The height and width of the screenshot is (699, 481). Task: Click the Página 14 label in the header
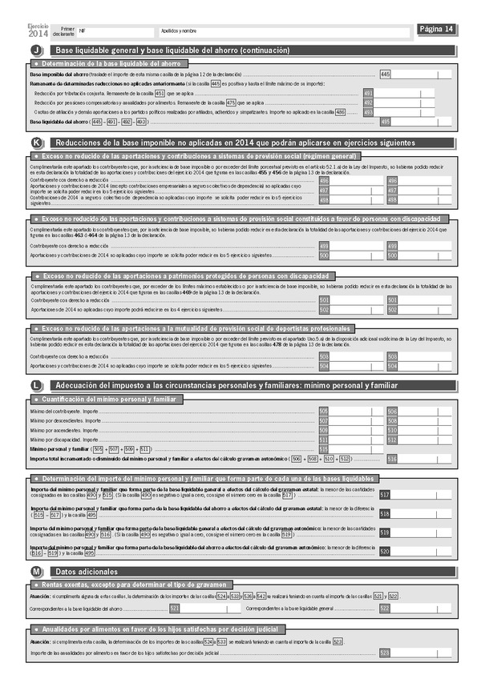coord(437,30)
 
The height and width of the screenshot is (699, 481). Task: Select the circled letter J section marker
coord(36,50)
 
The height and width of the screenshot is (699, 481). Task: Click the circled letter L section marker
coord(36,386)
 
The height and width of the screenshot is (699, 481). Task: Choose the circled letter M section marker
coord(36,572)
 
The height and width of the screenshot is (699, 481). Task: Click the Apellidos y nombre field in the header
coord(285,30)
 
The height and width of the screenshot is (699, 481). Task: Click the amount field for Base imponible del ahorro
coord(422,74)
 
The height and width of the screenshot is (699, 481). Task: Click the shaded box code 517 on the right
coord(385,496)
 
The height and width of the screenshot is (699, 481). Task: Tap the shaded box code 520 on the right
coord(385,551)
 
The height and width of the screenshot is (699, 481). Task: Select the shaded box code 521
coord(175,609)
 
